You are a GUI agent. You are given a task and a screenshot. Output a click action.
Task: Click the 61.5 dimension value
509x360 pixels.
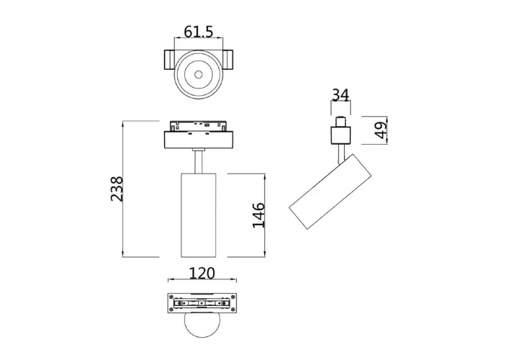(x=198, y=32)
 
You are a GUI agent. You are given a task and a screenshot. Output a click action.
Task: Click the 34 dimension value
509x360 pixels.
(x=340, y=94)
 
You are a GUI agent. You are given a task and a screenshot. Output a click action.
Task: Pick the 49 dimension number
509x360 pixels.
(x=381, y=129)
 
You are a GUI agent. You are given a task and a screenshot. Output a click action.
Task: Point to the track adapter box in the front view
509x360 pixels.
(x=198, y=135)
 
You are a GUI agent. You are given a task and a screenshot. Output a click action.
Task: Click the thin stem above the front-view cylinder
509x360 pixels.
(x=198, y=160)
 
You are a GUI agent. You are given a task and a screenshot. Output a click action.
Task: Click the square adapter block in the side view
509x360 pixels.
(x=340, y=135)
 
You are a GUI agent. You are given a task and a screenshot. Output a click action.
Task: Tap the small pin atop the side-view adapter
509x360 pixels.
(x=340, y=119)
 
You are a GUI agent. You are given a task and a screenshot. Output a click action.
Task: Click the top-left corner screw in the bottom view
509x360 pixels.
(x=171, y=297)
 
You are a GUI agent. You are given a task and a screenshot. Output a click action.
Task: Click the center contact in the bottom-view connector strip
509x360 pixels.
(x=198, y=304)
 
